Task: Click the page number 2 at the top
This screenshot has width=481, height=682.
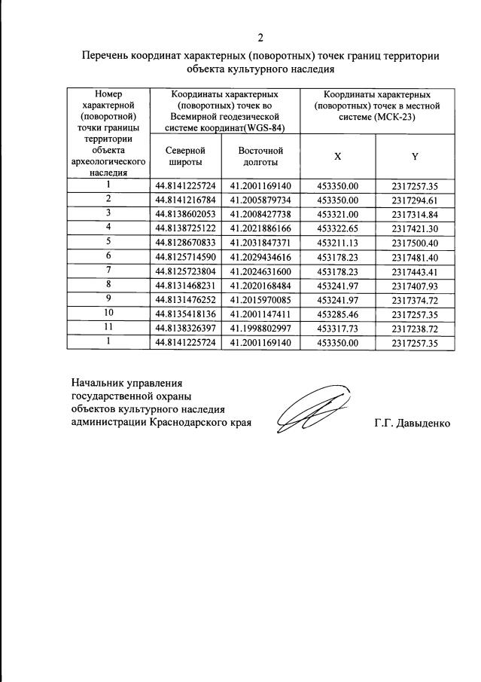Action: pos(260,38)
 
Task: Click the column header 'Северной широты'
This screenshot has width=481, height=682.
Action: pos(185,156)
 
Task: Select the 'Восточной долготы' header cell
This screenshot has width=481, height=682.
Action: pos(260,156)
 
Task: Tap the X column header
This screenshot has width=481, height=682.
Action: pos(337,156)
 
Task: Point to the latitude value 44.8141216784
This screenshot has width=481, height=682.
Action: pos(185,200)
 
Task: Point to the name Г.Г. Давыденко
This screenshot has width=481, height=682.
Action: pos(412,424)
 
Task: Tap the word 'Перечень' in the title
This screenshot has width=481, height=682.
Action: pos(105,55)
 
